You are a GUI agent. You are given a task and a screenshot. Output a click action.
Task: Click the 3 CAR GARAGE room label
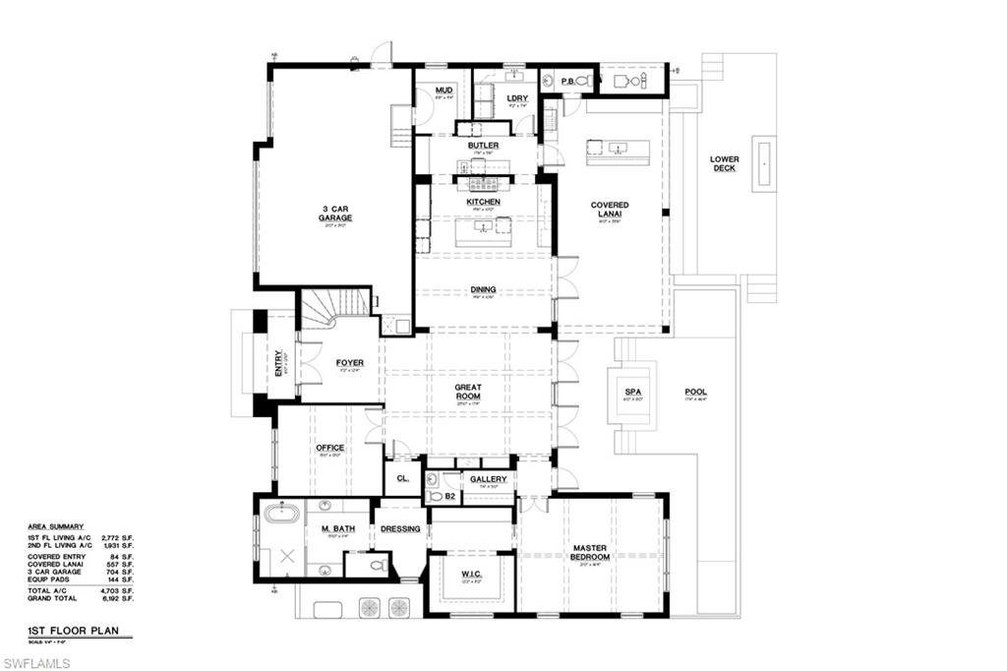pyautogui.click(x=335, y=214)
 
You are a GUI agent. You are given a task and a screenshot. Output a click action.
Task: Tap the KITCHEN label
pyautogui.click(x=483, y=202)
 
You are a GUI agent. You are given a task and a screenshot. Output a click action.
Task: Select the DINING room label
pyautogui.click(x=483, y=290)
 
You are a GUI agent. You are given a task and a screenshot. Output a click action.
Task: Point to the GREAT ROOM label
pyautogui.click(x=468, y=392)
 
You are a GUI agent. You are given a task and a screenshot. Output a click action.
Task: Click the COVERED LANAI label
pyautogui.click(x=610, y=210)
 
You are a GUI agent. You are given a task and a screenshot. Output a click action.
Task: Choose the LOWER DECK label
pyautogui.click(x=725, y=163)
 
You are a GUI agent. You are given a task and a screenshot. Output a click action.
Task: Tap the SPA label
pyautogui.click(x=632, y=392)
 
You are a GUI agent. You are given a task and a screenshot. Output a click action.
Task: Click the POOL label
pyautogui.click(x=695, y=393)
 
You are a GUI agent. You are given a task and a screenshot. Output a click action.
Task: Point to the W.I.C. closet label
pyautogui.click(x=470, y=575)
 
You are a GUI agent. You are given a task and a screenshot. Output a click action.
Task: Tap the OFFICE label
pyautogui.click(x=330, y=448)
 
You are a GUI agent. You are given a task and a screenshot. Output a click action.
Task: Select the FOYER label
pyautogui.click(x=349, y=363)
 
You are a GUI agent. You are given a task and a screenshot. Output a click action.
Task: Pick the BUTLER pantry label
pyautogui.click(x=483, y=146)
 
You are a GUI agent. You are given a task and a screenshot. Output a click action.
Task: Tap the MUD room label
pyautogui.click(x=444, y=91)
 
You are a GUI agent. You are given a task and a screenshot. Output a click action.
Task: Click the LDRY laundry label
pyautogui.click(x=517, y=98)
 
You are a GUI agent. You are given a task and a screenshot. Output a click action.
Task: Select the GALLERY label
pyautogui.click(x=488, y=479)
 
